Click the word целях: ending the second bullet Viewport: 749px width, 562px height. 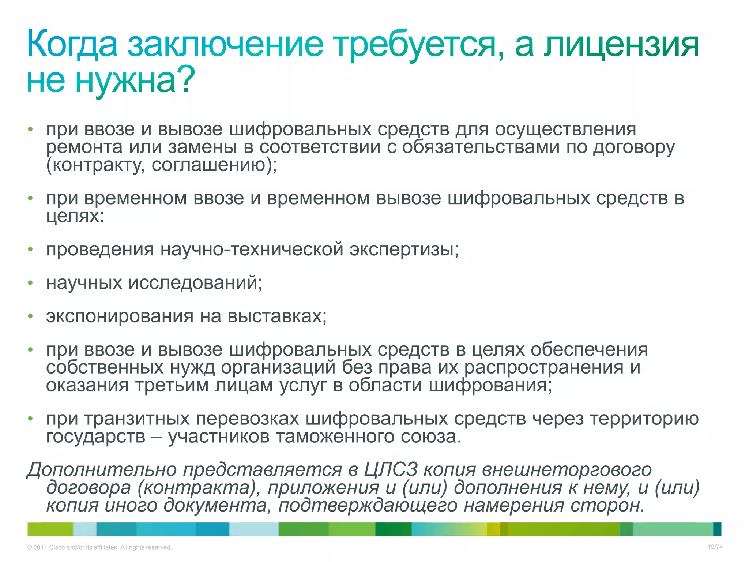(x=75, y=217)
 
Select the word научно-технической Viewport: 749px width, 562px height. (x=252, y=250)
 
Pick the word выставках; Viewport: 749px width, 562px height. (x=277, y=316)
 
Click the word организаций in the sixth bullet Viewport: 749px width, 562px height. (x=278, y=367)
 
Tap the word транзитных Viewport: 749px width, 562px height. (x=137, y=419)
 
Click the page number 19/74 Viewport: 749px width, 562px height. (x=715, y=547)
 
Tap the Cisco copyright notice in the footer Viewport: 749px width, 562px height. (x=99, y=547)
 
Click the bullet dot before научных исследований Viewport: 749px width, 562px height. (x=31, y=283)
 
